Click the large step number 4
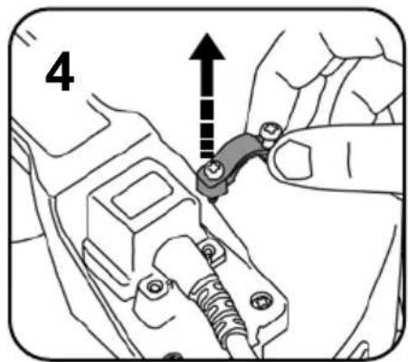pos(59,77)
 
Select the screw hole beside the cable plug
pos(211,246)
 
